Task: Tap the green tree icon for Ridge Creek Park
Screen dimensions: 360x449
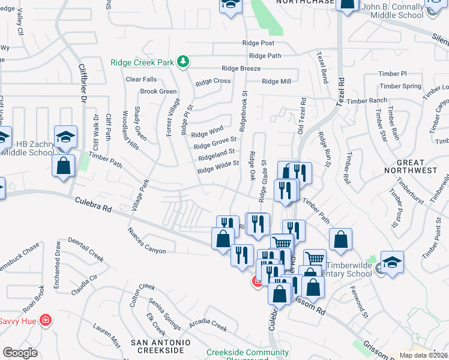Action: [x=185, y=62]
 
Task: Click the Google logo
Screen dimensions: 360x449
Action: [x=20, y=353]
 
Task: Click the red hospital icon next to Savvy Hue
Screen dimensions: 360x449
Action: [x=44, y=321]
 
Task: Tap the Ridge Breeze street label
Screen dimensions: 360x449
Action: [x=241, y=68]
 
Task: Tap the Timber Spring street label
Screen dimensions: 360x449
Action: [x=400, y=86]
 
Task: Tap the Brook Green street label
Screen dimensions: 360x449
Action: [x=158, y=92]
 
